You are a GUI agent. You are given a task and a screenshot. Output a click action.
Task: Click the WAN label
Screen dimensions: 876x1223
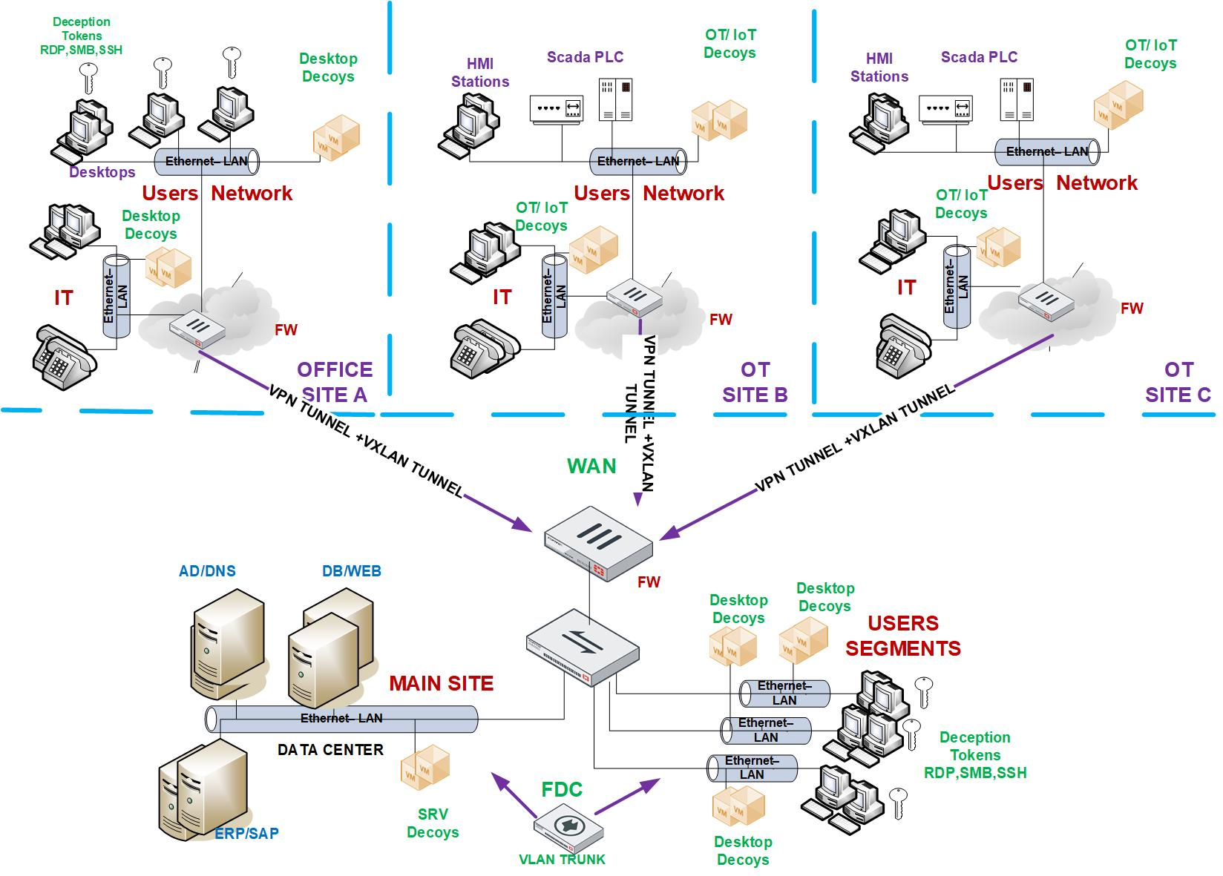click(591, 467)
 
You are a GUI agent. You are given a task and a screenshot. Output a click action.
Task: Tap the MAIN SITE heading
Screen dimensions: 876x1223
click(441, 683)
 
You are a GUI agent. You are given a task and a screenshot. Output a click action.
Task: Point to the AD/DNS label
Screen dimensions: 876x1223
click(207, 571)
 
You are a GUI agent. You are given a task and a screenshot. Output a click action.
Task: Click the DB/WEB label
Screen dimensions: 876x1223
click(352, 571)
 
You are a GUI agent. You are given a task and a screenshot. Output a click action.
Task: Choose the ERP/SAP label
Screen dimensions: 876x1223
click(246, 833)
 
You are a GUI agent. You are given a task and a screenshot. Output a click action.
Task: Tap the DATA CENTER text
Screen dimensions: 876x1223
click(330, 750)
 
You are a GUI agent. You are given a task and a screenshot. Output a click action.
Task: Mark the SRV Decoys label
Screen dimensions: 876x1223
click(433, 823)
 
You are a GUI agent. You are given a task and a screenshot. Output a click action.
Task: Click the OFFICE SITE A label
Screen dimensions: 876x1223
click(335, 382)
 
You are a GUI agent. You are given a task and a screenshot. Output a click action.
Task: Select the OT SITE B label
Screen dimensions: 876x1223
click(755, 382)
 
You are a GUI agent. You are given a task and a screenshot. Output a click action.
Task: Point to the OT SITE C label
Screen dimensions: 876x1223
click(1178, 382)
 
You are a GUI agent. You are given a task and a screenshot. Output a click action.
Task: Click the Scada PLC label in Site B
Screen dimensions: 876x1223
click(585, 57)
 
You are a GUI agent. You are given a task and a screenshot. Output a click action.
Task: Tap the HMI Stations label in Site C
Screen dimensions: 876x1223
click(879, 67)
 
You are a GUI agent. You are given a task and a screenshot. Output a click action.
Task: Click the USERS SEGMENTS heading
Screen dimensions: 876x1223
click(903, 636)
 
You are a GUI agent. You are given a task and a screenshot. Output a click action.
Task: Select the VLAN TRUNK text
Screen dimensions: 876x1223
click(562, 860)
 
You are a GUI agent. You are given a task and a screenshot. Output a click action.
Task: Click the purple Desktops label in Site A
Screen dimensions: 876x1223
click(102, 172)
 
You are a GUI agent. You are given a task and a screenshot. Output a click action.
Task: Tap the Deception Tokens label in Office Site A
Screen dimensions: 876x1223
click(82, 36)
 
